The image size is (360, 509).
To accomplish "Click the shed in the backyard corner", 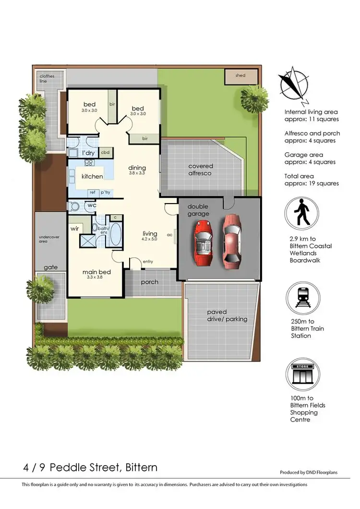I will [241, 76].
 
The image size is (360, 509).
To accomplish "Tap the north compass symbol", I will [293, 86].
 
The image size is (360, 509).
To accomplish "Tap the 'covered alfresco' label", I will [200, 169].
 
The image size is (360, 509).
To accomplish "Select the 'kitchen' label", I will [92, 176].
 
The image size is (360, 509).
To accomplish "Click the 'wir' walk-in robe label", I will [75, 229].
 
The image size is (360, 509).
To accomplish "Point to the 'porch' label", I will [149, 282].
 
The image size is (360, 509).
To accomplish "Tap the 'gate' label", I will [51, 267].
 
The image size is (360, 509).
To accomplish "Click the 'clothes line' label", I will [47, 79].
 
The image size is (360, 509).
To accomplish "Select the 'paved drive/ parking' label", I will [220, 315].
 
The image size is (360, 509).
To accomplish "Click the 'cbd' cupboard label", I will [106, 153].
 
